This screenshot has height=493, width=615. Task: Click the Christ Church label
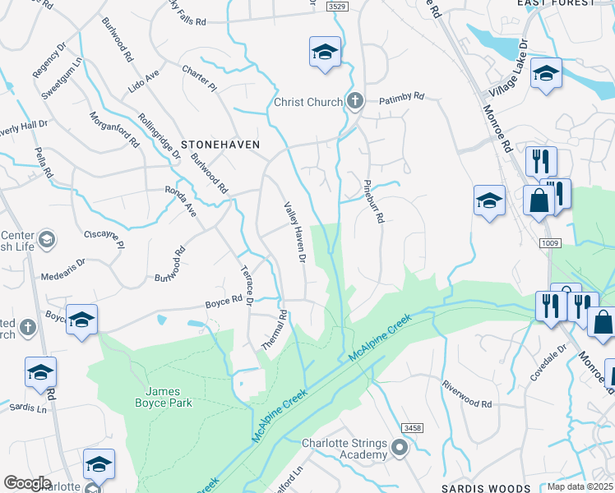pos(308,102)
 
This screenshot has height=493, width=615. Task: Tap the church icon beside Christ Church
pos(355,102)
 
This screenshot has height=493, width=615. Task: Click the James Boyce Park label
pos(164,397)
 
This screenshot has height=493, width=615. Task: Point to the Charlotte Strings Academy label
pos(344,449)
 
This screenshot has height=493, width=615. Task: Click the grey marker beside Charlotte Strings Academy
pos(400,448)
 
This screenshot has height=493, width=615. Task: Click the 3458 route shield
pos(413,428)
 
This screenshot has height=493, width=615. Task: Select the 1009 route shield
pos(551,242)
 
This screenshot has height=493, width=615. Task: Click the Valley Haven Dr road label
pos(294,233)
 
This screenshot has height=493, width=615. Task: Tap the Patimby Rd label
pos(401,97)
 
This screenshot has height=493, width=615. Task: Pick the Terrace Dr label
pos(244,287)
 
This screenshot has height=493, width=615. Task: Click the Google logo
pos(27,483)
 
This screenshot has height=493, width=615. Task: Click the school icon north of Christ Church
pos(326,52)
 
